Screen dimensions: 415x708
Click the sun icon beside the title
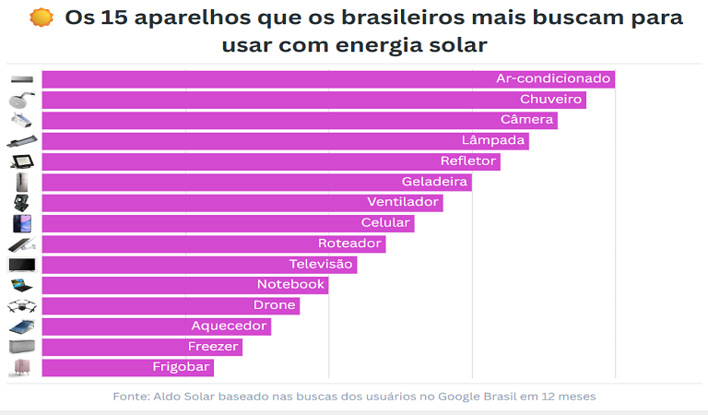pyautogui.click(x=41, y=18)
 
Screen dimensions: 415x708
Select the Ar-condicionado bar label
pyautogui.click(x=553, y=78)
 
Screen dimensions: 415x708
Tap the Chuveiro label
pyautogui.click(x=551, y=100)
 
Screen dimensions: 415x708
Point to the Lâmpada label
pyautogui.click(x=494, y=140)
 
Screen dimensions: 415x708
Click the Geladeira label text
pyautogui.click(x=435, y=182)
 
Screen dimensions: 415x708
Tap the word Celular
pyautogui.click(x=385, y=222)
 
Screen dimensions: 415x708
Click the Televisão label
pyautogui.click(x=321, y=264)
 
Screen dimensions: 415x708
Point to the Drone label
pyautogui.click(x=275, y=304)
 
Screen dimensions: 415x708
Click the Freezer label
pyautogui.click(x=214, y=346)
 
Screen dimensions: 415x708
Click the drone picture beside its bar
pyautogui.click(x=21, y=305)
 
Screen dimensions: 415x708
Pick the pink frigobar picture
pyautogui.click(x=21, y=367)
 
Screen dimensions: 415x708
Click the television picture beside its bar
pyautogui.click(x=21, y=265)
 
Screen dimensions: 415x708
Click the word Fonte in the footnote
pyautogui.click(x=130, y=396)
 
